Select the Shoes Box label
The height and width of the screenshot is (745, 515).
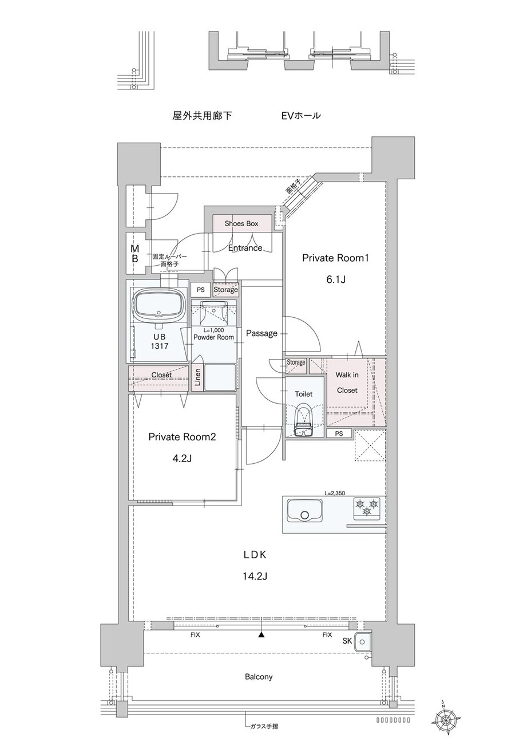pos(241,223)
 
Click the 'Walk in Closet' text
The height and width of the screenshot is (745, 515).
pos(347,383)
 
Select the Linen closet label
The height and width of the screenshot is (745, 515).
pos(197,377)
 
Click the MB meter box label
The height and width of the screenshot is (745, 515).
pos(135,254)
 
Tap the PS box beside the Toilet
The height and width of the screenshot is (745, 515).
pos(339,433)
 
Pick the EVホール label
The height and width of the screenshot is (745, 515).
pos(301,116)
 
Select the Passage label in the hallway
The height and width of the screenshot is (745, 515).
pos(262,333)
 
